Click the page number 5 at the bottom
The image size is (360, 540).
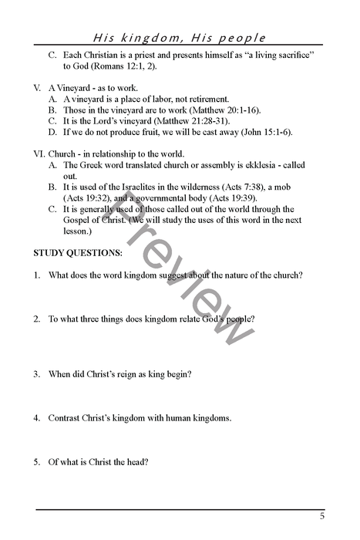tap(322, 516)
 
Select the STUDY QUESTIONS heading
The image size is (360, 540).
tap(77, 253)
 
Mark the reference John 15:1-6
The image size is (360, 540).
tap(267, 132)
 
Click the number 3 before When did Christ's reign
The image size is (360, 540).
tap(35, 374)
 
